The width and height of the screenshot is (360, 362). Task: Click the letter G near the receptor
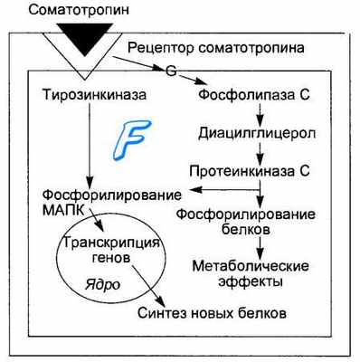[x=169, y=71]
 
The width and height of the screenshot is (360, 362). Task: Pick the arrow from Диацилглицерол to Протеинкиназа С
[x=261, y=153]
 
